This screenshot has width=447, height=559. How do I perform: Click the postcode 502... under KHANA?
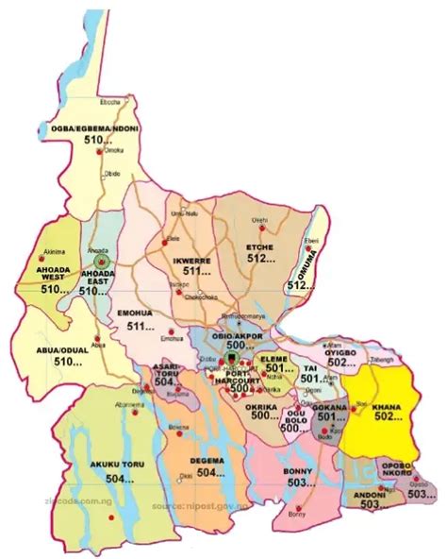point(389,415)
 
